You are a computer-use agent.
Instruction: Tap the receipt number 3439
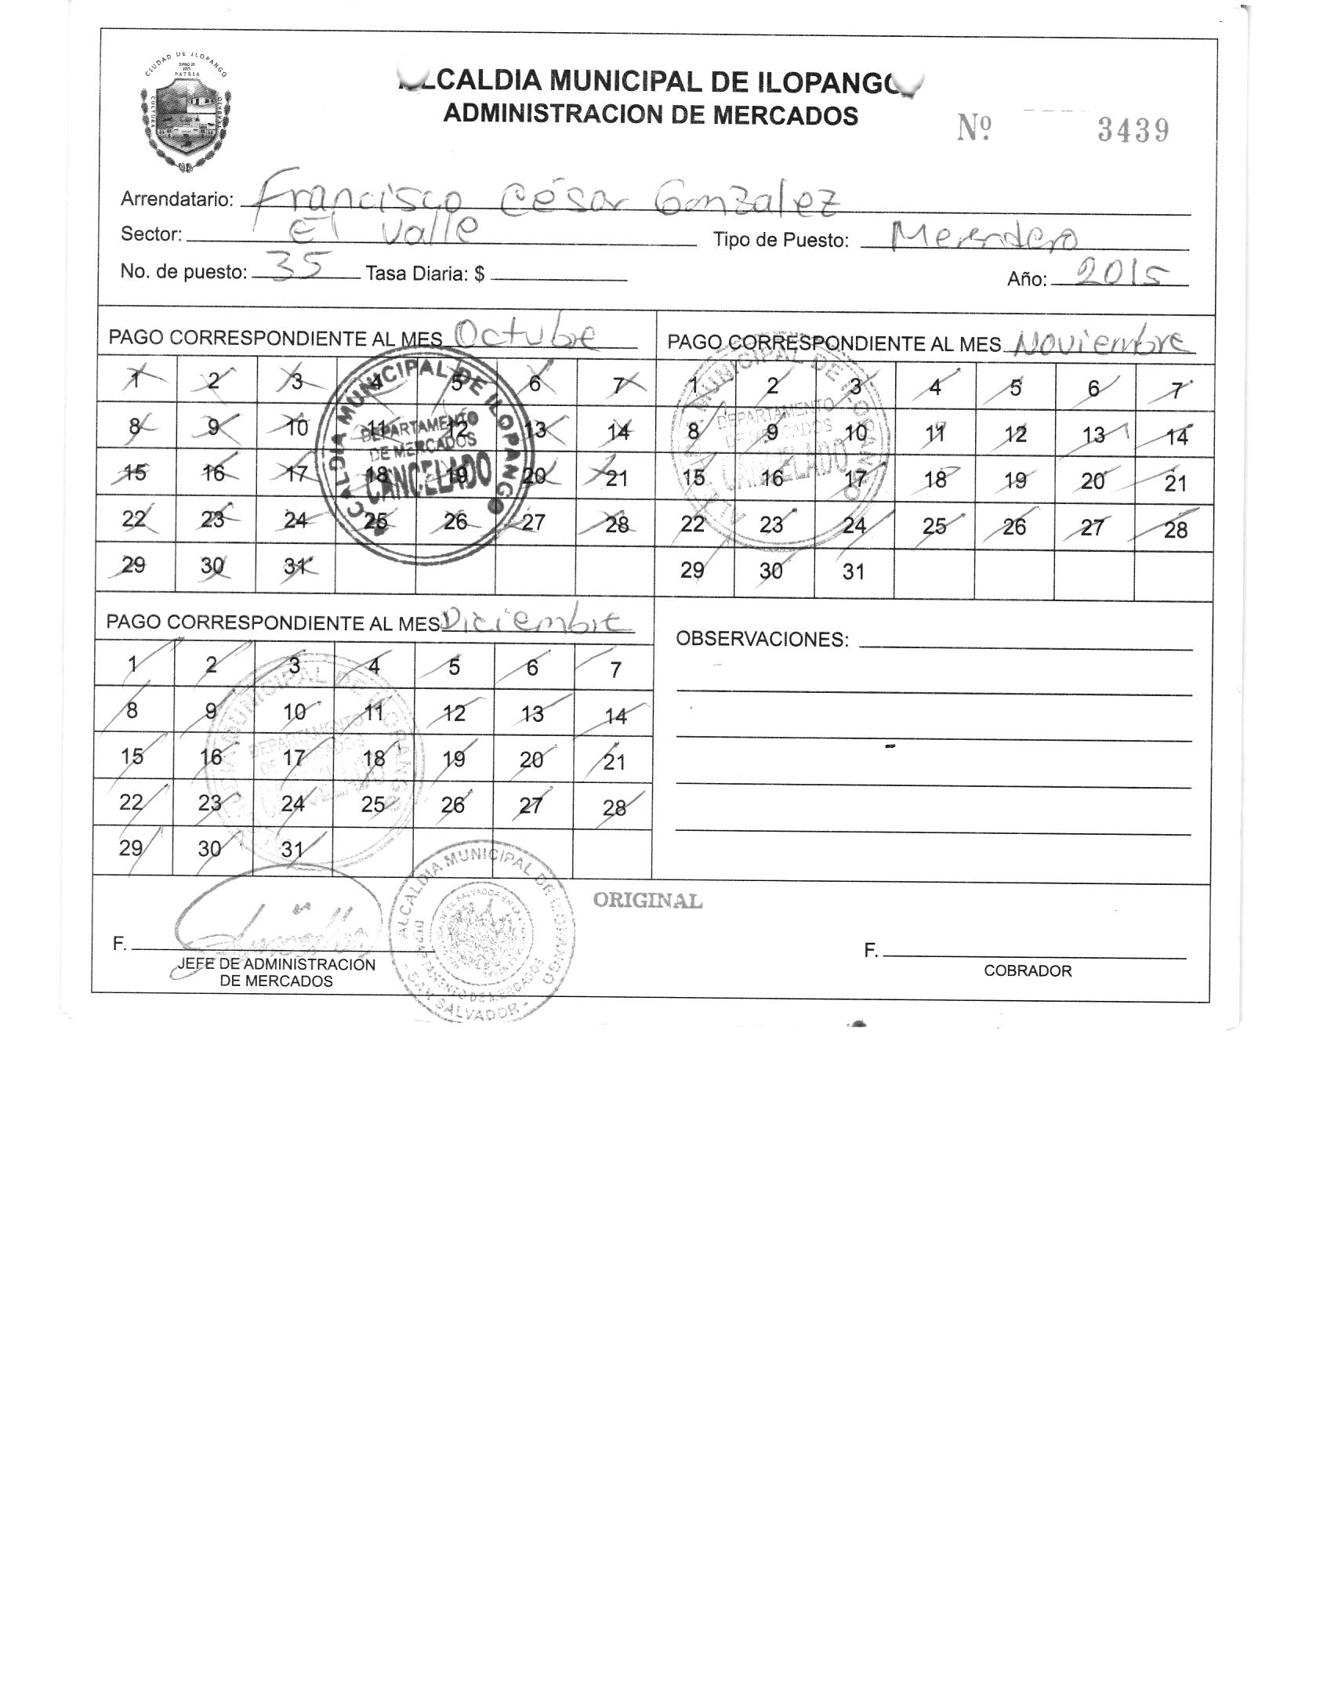pos(1133,131)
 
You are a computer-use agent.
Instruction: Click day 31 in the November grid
pos(853,572)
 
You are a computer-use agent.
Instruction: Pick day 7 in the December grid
pos(615,669)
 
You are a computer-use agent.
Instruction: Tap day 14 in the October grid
pos(618,431)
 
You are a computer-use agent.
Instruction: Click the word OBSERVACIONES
pos(762,640)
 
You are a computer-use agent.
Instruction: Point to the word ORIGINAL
pos(647,901)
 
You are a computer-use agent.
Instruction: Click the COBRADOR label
pos(1028,971)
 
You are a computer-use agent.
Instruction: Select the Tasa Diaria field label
pos(425,274)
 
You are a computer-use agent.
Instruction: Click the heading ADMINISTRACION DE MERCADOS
pos(651,115)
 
